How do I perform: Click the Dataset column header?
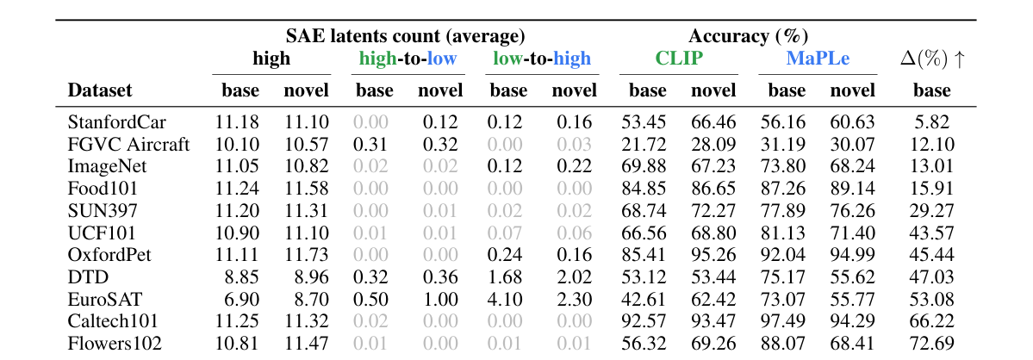click(100, 90)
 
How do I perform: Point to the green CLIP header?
click(679, 59)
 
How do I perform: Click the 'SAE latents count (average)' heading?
click(405, 36)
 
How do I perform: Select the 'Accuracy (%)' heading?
click(748, 36)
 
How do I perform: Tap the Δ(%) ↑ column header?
click(931, 59)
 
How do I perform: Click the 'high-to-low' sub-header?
click(408, 59)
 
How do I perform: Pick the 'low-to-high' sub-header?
click(542, 59)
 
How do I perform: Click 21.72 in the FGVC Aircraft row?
click(644, 145)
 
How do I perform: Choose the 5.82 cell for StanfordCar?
click(931, 122)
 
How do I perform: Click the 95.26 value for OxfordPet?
click(713, 256)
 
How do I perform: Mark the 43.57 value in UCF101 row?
click(931, 233)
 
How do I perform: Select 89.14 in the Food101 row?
click(852, 189)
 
